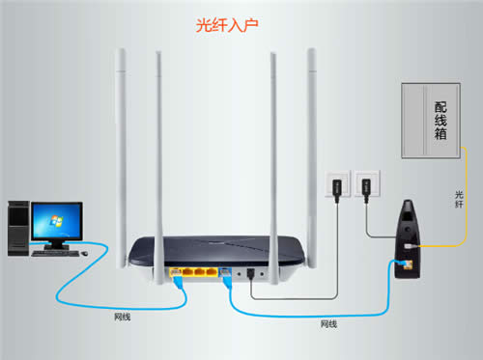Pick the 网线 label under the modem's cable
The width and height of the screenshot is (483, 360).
[328, 323]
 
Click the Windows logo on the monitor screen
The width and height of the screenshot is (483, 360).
[56, 225]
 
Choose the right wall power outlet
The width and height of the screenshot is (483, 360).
[365, 182]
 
